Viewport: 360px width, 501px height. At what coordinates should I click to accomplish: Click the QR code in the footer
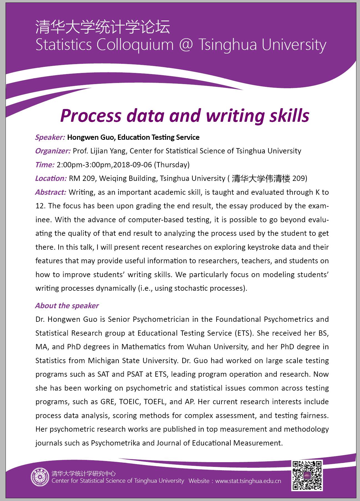307,475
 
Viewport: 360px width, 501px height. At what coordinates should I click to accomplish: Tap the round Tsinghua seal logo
40,477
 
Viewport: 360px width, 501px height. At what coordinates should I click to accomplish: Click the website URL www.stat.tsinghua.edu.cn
248,481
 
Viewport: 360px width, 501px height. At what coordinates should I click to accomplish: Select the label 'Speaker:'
50,137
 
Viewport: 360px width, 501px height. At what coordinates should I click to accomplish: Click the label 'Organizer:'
53,151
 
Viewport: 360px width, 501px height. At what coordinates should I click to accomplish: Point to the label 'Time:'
45,165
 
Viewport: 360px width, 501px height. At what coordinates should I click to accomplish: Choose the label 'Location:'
51,178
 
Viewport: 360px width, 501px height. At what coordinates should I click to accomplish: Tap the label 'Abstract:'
51,192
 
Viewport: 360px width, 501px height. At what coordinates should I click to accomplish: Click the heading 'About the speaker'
67,306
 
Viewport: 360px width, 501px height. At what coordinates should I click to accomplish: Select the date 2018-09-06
133,165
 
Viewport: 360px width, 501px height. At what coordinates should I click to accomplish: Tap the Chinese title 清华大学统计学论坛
103,27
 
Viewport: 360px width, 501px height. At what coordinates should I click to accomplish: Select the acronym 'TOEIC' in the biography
130,402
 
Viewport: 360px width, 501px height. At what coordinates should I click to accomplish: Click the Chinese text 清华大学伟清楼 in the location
261,178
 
